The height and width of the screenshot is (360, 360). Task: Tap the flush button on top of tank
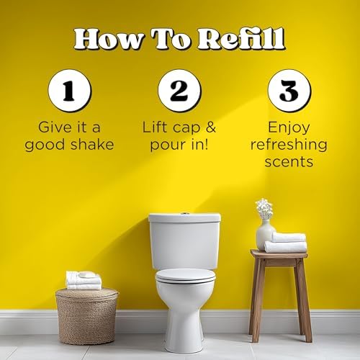click(x=184, y=214)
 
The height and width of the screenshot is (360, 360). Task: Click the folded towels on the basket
click(x=84, y=280)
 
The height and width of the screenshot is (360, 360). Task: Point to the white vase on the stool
click(x=265, y=235)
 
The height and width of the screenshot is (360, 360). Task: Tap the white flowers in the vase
click(x=264, y=209)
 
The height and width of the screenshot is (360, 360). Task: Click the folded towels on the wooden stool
click(x=287, y=242)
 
